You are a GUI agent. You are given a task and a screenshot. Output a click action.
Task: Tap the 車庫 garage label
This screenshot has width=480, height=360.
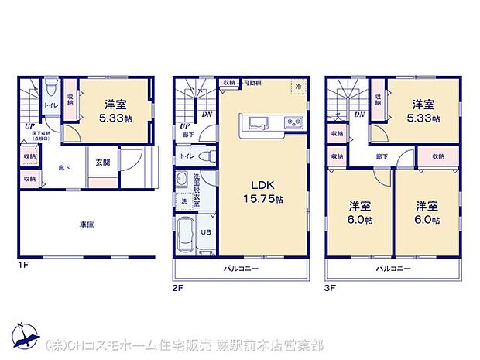point(87,225)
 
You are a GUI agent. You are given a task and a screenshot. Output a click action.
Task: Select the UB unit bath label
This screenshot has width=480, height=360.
point(207,231)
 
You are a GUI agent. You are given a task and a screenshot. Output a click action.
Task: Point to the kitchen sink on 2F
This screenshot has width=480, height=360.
point(256,123)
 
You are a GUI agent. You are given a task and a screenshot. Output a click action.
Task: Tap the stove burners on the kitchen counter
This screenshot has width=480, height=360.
point(293,122)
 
